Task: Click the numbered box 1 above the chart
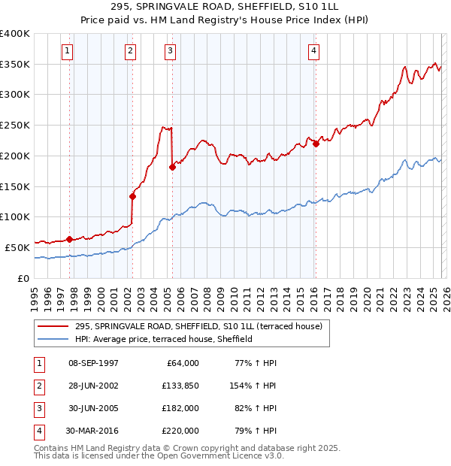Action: point(68,51)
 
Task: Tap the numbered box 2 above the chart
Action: point(131,51)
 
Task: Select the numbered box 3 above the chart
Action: point(171,51)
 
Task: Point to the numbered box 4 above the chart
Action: point(313,51)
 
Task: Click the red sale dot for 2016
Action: point(316,144)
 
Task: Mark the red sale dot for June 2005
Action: point(172,167)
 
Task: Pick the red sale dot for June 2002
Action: point(132,196)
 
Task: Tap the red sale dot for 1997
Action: point(69,239)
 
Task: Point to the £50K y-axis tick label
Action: point(17,247)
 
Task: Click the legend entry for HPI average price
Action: point(163,339)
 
